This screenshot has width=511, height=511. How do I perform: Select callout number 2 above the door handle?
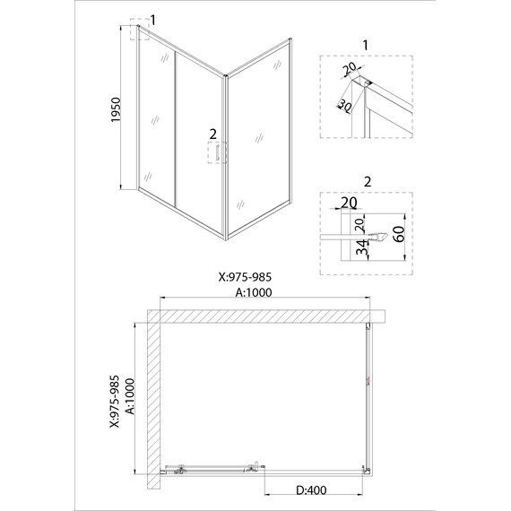click(212, 134)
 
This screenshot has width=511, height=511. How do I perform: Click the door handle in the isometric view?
click(215, 154)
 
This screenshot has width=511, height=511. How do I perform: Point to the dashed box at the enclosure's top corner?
click(139, 30)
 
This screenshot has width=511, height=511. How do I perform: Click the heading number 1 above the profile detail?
click(366, 45)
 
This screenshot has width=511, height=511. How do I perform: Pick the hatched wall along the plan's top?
click(269, 316)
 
